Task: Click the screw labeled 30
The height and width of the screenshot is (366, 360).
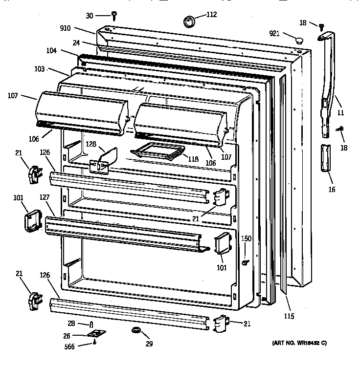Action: point(113,16)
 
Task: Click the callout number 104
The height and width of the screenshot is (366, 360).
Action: point(66,51)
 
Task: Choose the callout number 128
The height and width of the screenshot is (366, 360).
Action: point(91,145)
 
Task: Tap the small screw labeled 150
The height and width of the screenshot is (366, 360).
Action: point(244,262)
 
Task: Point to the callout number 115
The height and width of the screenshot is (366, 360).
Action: point(289,316)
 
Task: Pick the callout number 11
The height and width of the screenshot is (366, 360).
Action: point(340,113)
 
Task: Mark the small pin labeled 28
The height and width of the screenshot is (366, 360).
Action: point(91,325)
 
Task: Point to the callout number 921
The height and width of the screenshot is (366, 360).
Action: point(274,33)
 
